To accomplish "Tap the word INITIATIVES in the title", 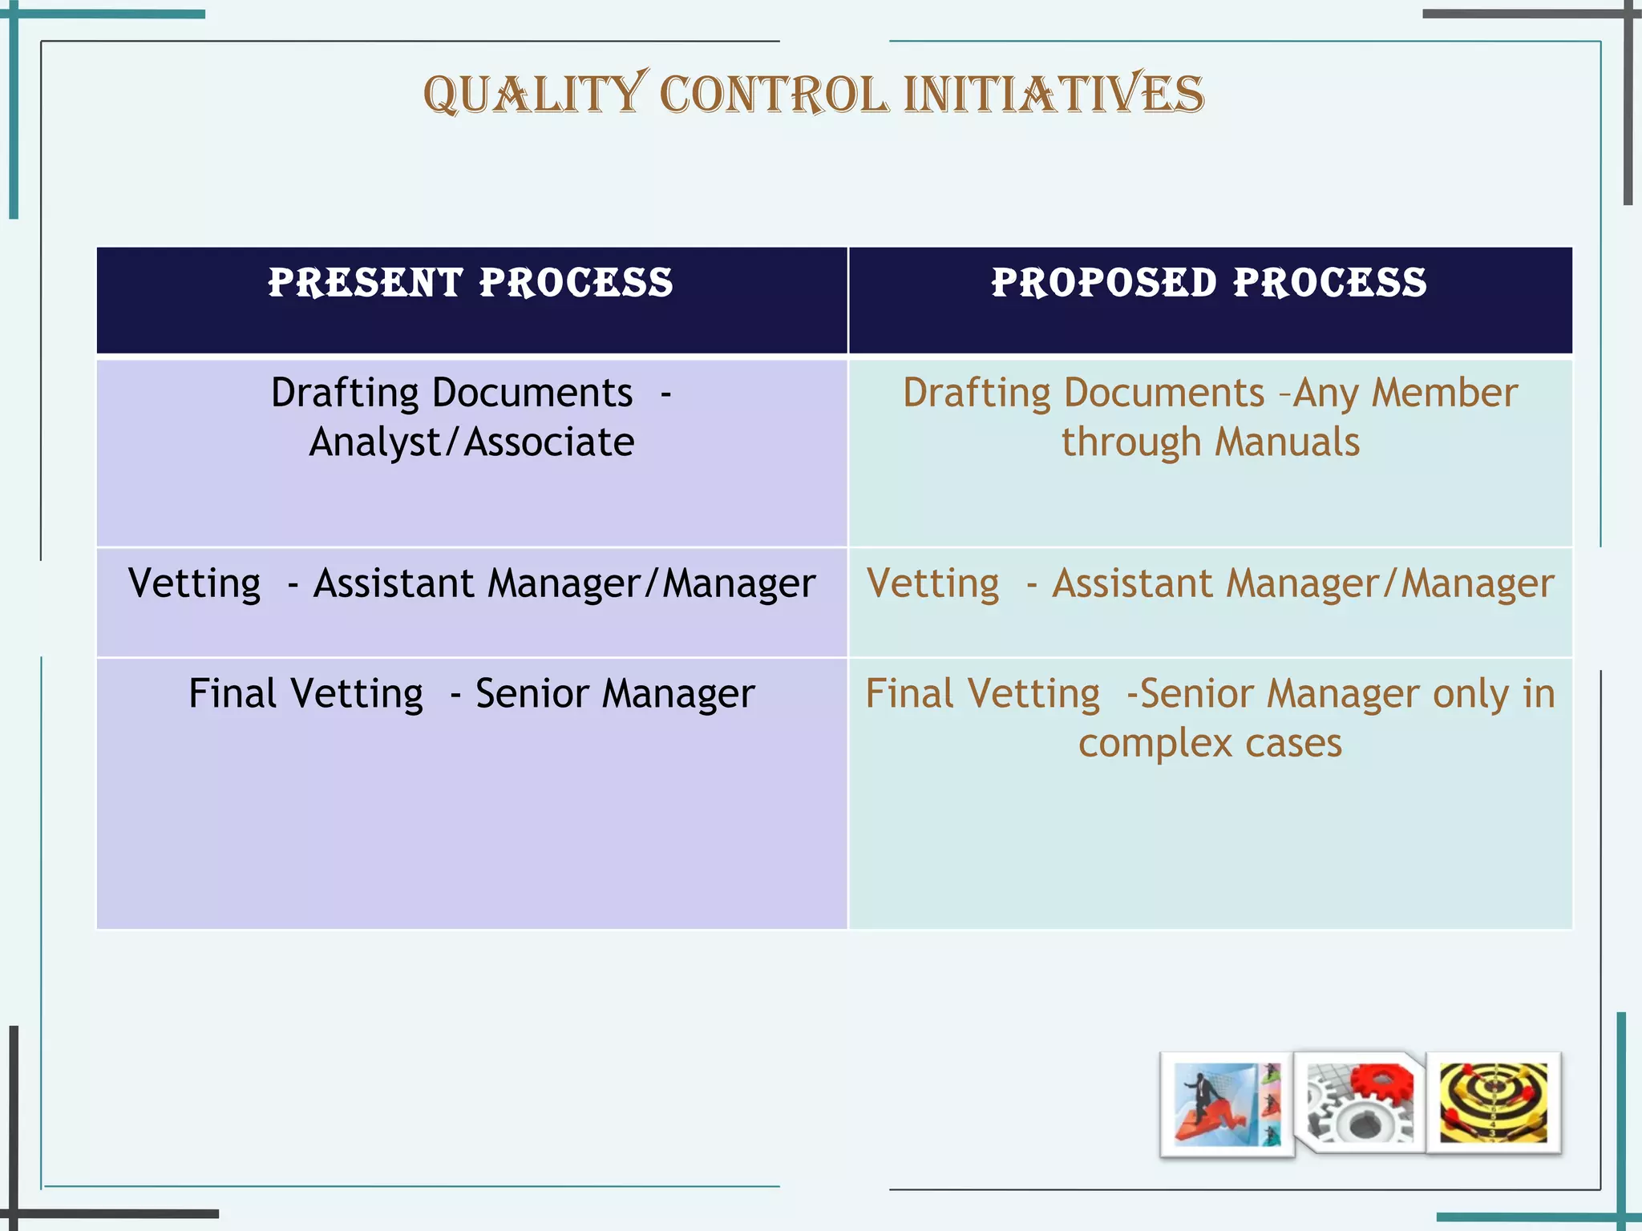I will coord(1054,94).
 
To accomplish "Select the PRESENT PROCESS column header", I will coord(471,283).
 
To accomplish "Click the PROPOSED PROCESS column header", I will coord(1209,283).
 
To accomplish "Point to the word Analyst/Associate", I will coord(471,442).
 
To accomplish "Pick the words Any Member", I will coord(1405,394).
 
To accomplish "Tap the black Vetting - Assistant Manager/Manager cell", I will coord(471,583).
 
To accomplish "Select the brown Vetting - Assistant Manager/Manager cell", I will coord(1210,583).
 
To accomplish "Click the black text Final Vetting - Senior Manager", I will coord(471,694).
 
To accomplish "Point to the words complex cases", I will coord(1210,743).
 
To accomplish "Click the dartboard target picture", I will coord(1493,1103).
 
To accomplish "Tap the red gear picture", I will coord(1360,1103).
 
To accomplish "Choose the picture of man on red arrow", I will coord(1226,1104).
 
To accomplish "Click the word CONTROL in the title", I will coord(774,94).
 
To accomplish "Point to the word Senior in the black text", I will coord(532,694).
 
